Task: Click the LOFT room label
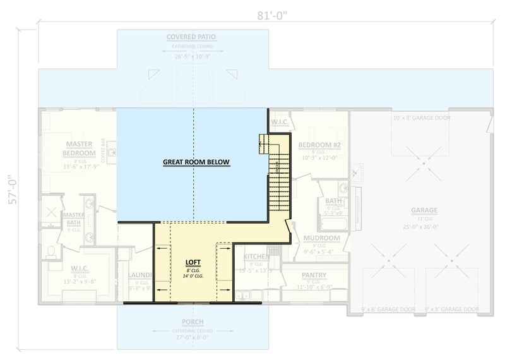coord(193,261)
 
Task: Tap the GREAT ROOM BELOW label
coord(196,162)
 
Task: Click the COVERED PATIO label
coord(191,37)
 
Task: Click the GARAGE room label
coord(424,210)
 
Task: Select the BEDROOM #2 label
coord(319,145)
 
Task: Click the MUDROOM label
coord(321,238)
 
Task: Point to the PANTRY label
coord(314,275)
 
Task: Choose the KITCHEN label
coord(256,257)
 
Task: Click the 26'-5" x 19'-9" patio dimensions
coord(191,56)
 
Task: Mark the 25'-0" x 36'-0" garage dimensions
coord(424,226)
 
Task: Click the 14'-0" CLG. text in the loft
coord(193,276)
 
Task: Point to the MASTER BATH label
coord(73,218)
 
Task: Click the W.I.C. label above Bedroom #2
coord(280,121)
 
